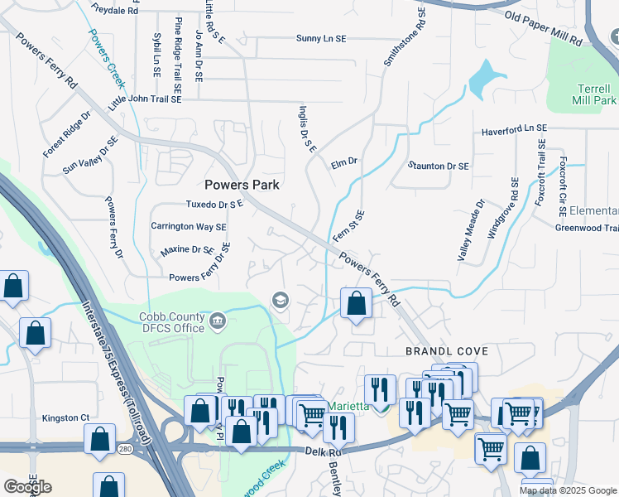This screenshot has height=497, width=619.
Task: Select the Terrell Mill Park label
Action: coord(594,94)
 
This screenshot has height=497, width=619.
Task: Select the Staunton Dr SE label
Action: coord(438,166)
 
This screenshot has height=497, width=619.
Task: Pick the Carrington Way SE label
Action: coord(188,226)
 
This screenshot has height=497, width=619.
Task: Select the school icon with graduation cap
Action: coord(281,300)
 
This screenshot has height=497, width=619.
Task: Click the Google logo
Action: coord(27,487)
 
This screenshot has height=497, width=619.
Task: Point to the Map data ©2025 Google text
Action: coord(568,490)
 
